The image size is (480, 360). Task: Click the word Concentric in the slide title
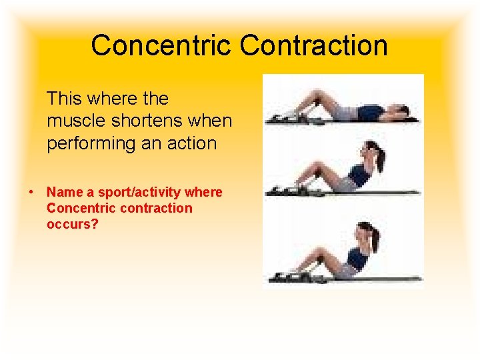tap(162, 45)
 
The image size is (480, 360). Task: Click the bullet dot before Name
tap(31, 192)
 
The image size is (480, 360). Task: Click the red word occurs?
tap(72, 224)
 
